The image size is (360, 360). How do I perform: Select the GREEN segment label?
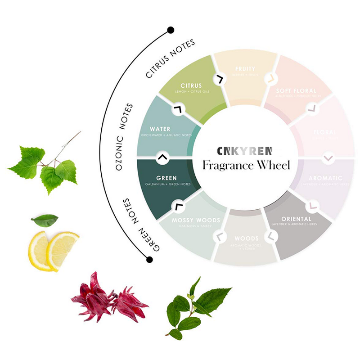coord(166,178)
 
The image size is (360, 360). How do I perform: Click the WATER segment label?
coord(160,129)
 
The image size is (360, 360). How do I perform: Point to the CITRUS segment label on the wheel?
coord(191,85)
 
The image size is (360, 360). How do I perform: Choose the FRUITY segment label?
coord(245,69)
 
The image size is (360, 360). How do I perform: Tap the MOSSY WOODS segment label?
coord(196,220)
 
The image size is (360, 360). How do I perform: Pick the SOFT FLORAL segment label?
coord(297,91)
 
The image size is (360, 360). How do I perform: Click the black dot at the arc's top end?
coord(171,31)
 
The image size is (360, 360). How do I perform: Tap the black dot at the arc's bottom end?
coord(149,259)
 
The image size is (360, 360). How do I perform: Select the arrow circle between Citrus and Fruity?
coord(220,79)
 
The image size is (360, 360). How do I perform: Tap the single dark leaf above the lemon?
coord(45,220)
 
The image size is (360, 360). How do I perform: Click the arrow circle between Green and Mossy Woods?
coord(178,206)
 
